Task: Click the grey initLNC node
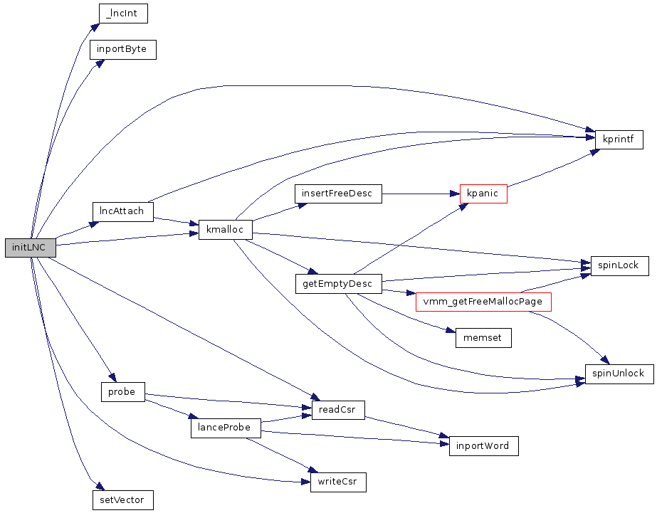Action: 30,248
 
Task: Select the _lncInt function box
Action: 122,14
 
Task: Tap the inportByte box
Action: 122,50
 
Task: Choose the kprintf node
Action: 619,139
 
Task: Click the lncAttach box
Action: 122,211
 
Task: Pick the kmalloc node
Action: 225,230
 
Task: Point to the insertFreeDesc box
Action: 337,194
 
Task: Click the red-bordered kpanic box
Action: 483,194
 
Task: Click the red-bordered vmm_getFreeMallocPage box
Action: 483,302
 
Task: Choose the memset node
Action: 483,338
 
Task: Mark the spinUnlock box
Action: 619,374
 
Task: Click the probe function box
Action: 122,392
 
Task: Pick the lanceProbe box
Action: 225,428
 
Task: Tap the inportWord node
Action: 483,446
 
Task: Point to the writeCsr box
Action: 338,482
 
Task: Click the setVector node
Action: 122,500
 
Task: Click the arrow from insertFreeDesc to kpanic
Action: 420,194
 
